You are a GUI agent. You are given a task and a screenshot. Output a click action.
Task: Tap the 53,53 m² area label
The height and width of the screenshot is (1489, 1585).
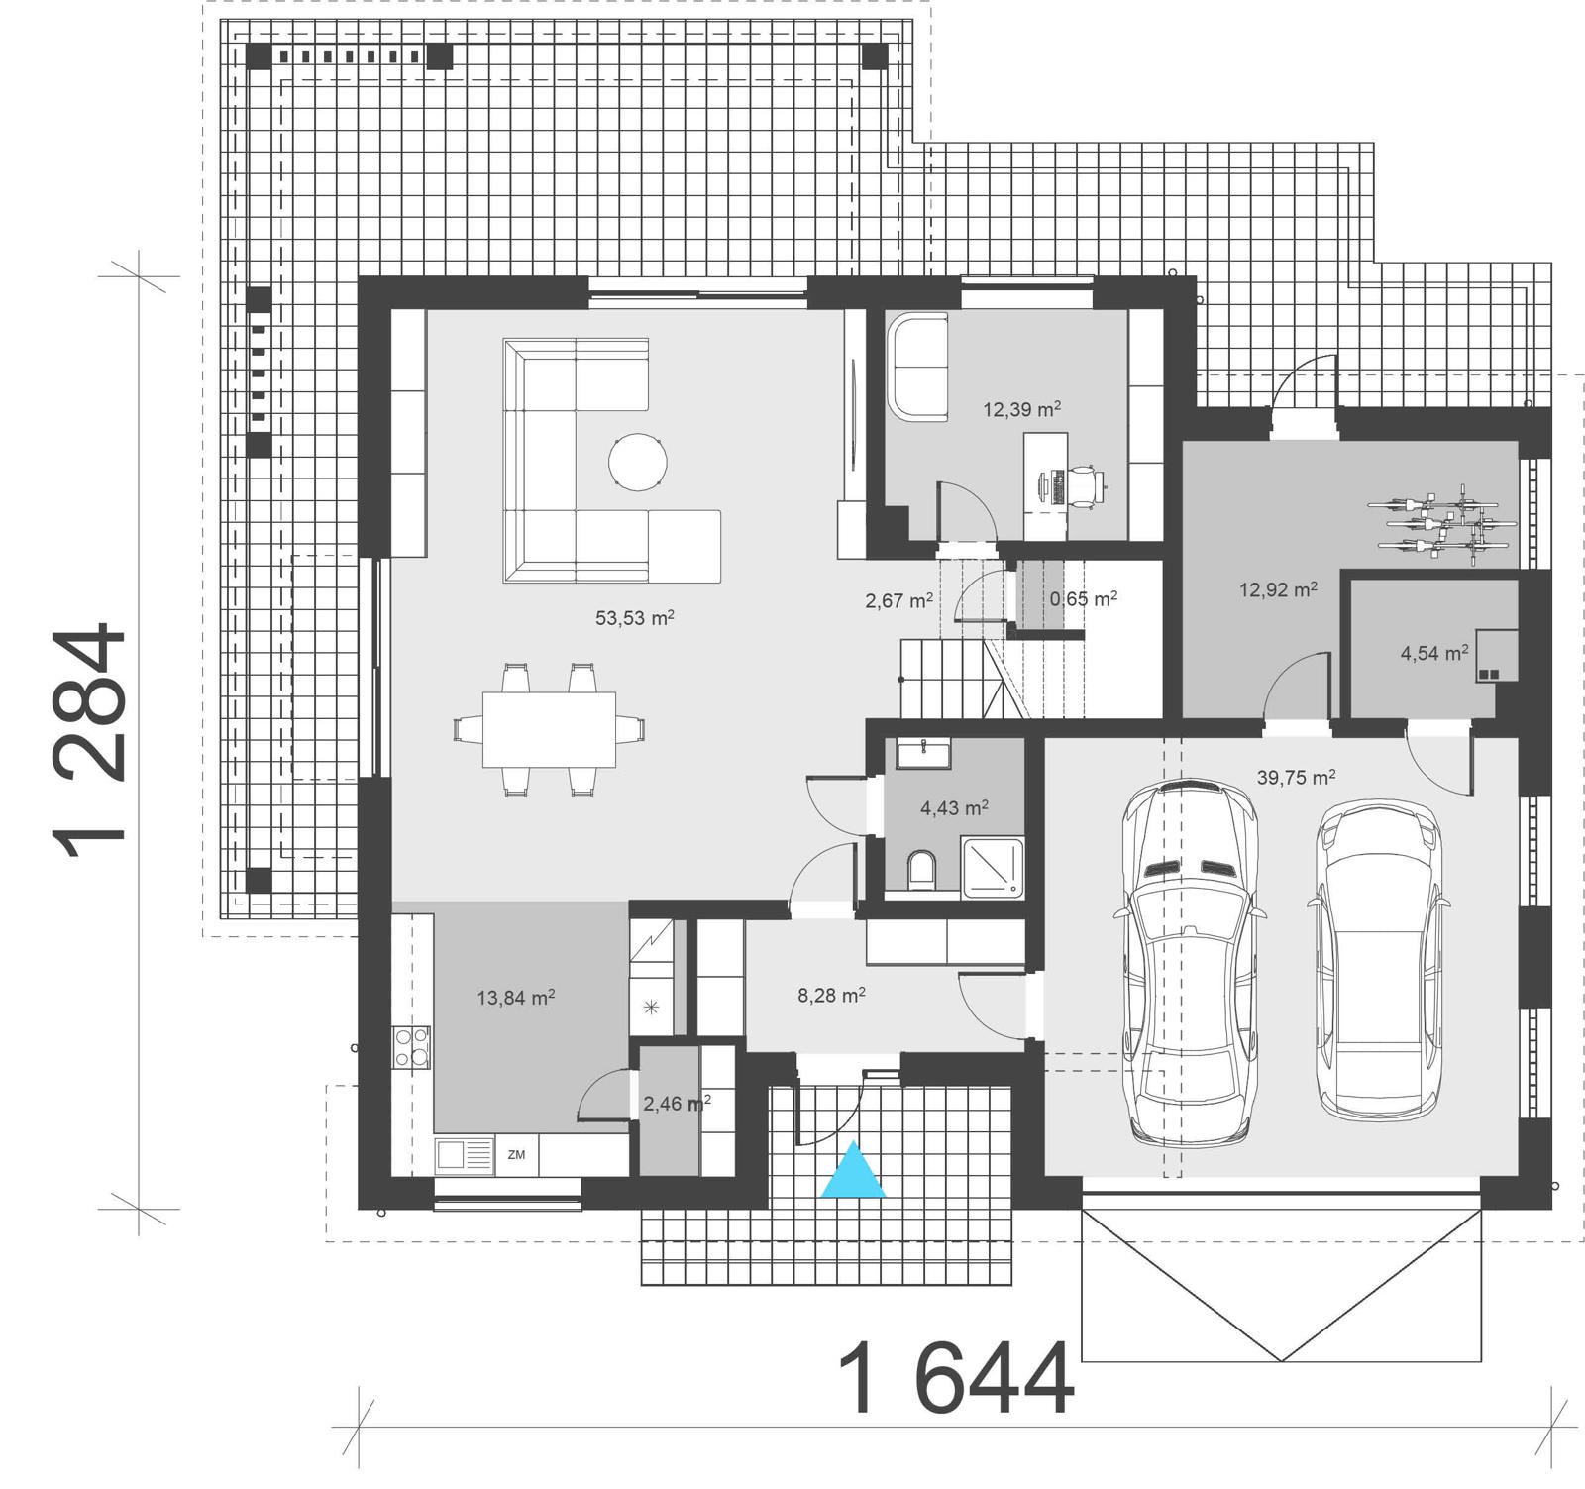click(x=634, y=618)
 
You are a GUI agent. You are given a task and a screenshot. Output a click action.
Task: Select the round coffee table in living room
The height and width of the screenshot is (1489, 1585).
click(x=637, y=462)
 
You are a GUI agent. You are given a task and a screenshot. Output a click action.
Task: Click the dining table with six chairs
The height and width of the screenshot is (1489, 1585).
click(x=549, y=730)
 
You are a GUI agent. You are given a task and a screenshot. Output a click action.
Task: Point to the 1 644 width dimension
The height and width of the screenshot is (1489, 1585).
click(x=955, y=1380)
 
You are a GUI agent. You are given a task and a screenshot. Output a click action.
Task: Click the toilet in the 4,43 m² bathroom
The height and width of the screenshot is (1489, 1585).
click(x=921, y=869)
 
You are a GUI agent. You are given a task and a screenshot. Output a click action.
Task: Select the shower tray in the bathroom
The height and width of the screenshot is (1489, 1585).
click(x=993, y=867)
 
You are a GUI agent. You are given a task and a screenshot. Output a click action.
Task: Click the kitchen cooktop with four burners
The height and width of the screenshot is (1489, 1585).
click(x=412, y=1047)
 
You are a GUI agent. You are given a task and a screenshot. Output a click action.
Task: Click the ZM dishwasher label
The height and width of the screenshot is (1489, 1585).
click(x=516, y=1155)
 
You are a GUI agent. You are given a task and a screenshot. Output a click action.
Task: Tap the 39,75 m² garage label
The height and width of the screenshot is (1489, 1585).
click(x=1296, y=778)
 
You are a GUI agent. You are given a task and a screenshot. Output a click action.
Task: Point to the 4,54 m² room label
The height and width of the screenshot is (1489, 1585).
click(x=1433, y=654)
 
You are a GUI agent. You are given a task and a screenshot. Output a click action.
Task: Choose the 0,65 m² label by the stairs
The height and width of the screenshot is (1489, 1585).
click(x=1084, y=598)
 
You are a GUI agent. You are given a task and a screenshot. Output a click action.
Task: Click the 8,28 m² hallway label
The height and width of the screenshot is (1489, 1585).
click(x=831, y=995)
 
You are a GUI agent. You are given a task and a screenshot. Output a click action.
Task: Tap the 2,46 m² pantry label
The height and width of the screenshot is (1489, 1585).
click(x=677, y=1103)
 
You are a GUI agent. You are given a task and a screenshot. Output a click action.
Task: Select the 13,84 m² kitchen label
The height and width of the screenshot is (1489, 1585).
click(x=515, y=998)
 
